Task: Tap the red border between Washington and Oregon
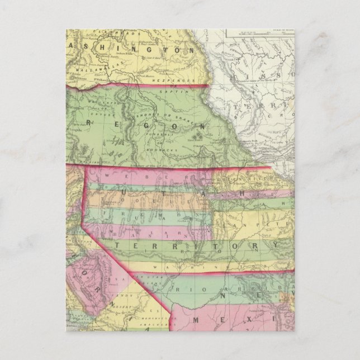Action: coord(140,86)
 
